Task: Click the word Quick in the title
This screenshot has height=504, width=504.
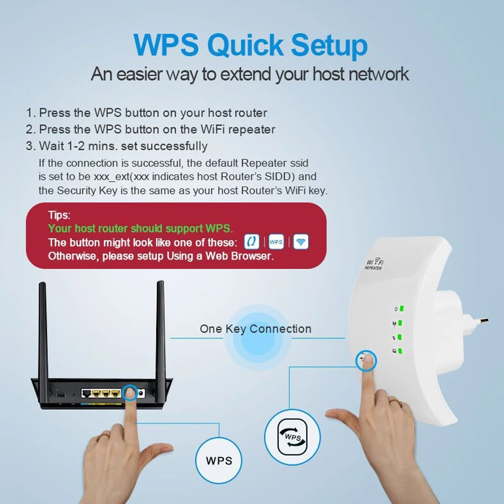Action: pyautogui.click(x=246, y=46)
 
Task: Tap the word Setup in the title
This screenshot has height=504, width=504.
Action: pyautogui.click(x=330, y=46)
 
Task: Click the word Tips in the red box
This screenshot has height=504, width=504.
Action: pyautogui.click(x=59, y=215)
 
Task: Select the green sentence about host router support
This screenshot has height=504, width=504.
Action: pyautogui.click(x=141, y=228)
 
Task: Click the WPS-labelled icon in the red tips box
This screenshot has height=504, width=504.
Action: pyautogui.click(x=276, y=242)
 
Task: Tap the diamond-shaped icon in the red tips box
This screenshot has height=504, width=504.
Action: pyautogui.click(x=301, y=242)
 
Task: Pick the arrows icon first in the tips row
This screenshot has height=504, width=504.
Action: pyautogui.click(x=251, y=242)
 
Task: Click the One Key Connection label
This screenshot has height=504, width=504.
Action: pyautogui.click(x=256, y=329)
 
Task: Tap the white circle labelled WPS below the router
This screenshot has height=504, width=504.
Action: pyautogui.click(x=219, y=460)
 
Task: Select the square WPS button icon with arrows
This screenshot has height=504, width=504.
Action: pyautogui.click(x=293, y=435)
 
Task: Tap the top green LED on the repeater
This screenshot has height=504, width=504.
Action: pyautogui.click(x=402, y=309)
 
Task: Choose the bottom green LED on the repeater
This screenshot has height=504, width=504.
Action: pyautogui.click(x=400, y=351)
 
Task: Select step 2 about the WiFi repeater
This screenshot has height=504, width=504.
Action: pyautogui.click(x=151, y=130)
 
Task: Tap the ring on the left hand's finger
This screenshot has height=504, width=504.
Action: pyautogui.click(x=104, y=434)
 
